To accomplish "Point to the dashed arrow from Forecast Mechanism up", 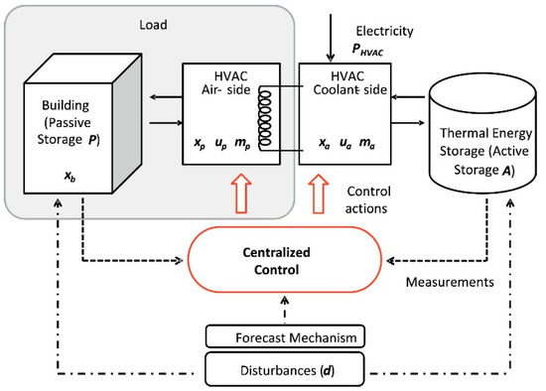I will click(287, 309).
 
